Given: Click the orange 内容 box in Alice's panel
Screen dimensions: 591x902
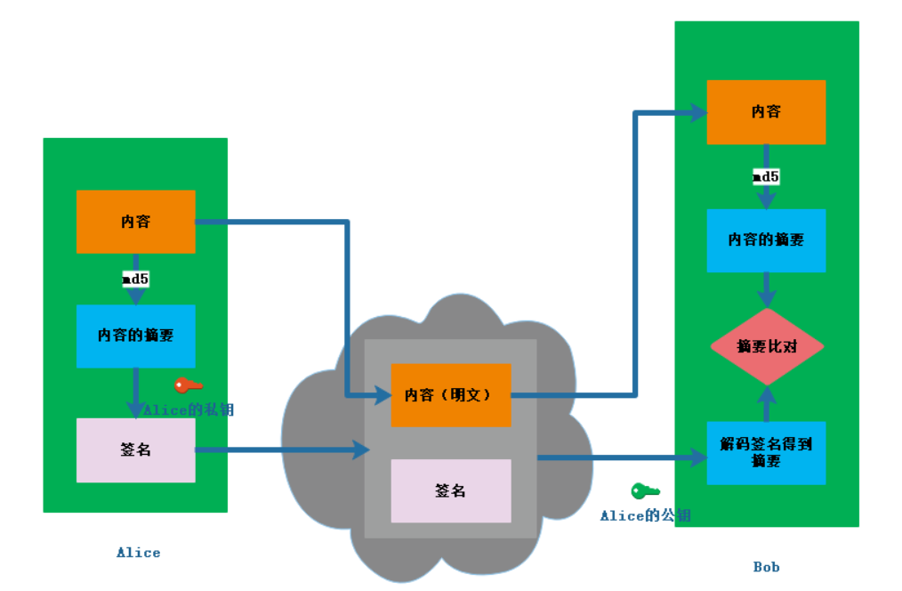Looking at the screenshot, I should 135,222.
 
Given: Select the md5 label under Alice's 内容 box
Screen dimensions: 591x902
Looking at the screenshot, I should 135,279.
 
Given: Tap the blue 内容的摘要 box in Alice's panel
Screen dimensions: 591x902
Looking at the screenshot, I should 135,336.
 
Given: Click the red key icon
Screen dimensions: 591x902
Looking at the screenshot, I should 188,385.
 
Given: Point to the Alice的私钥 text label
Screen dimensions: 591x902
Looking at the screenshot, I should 189,410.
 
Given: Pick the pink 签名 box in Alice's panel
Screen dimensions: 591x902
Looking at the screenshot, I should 135,450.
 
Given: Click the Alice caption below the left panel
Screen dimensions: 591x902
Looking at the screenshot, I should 139,553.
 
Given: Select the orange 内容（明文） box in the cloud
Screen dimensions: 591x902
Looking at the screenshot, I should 451,395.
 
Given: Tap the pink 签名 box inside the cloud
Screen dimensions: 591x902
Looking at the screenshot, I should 451,490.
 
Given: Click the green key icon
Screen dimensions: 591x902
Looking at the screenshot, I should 645,491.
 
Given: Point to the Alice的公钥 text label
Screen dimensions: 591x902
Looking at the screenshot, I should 645,515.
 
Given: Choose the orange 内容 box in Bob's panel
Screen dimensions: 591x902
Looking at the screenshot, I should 766,112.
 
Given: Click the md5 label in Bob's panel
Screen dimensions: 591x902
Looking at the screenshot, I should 766,177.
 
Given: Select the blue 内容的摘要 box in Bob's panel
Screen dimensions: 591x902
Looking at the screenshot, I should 766,240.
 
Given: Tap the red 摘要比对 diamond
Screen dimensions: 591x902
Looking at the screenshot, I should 767,346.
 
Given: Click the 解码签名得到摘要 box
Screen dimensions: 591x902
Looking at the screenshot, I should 766,453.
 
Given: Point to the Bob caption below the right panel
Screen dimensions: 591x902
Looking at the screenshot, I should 766,567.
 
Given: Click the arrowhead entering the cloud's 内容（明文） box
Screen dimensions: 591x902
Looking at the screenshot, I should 382,394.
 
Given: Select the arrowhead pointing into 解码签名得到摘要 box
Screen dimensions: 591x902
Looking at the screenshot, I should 697,458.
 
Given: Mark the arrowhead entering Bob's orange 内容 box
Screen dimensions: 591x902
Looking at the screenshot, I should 697,113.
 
